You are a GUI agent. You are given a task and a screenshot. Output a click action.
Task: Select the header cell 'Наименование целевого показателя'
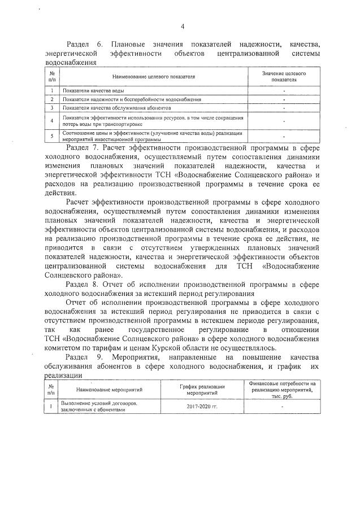tap(154, 76)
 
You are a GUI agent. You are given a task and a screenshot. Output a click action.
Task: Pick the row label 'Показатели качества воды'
tap(93, 90)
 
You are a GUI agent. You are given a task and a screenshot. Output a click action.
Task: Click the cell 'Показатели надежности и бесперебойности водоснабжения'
tap(132, 99)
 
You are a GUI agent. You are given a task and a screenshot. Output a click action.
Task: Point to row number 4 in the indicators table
tap(51, 120)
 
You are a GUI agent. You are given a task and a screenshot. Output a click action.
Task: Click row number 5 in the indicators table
tap(51, 136)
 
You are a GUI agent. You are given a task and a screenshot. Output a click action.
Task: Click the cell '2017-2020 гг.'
tap(202, 407)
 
